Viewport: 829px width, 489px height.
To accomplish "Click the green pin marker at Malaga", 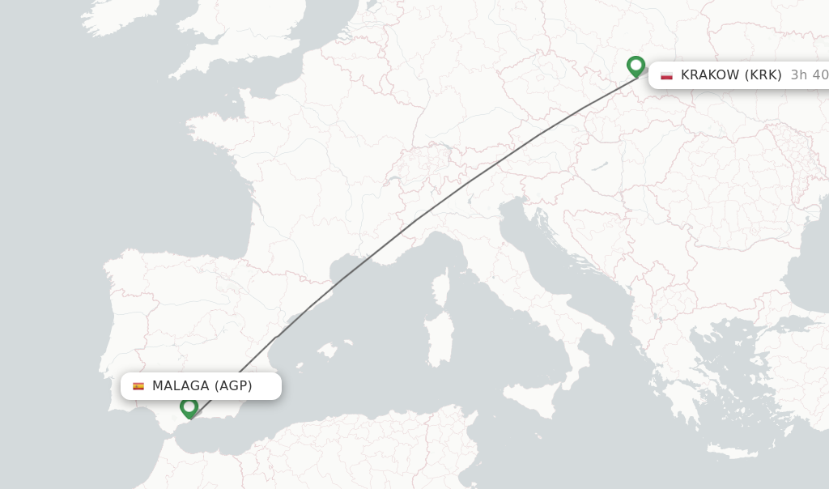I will [x=189, y=406].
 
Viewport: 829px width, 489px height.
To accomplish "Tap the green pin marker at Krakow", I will [x=636, y=66].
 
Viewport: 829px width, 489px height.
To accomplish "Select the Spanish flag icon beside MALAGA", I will [x=138, y=386].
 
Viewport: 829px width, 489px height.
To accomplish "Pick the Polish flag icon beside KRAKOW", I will [x=666, y=75].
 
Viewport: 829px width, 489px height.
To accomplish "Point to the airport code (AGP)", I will [x=233, y=386].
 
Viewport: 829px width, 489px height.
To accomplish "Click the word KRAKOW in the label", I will [x=710, y=75].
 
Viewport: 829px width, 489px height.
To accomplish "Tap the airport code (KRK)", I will [x=763, y=75].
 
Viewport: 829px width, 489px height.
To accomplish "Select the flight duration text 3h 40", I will [x=809, y=75].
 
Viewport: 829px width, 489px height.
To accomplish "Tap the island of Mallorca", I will [x=327, y=351].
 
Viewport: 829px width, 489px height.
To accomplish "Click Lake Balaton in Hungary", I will [x=599, y=166].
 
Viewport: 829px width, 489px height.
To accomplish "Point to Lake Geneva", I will [x=395, y=179].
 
